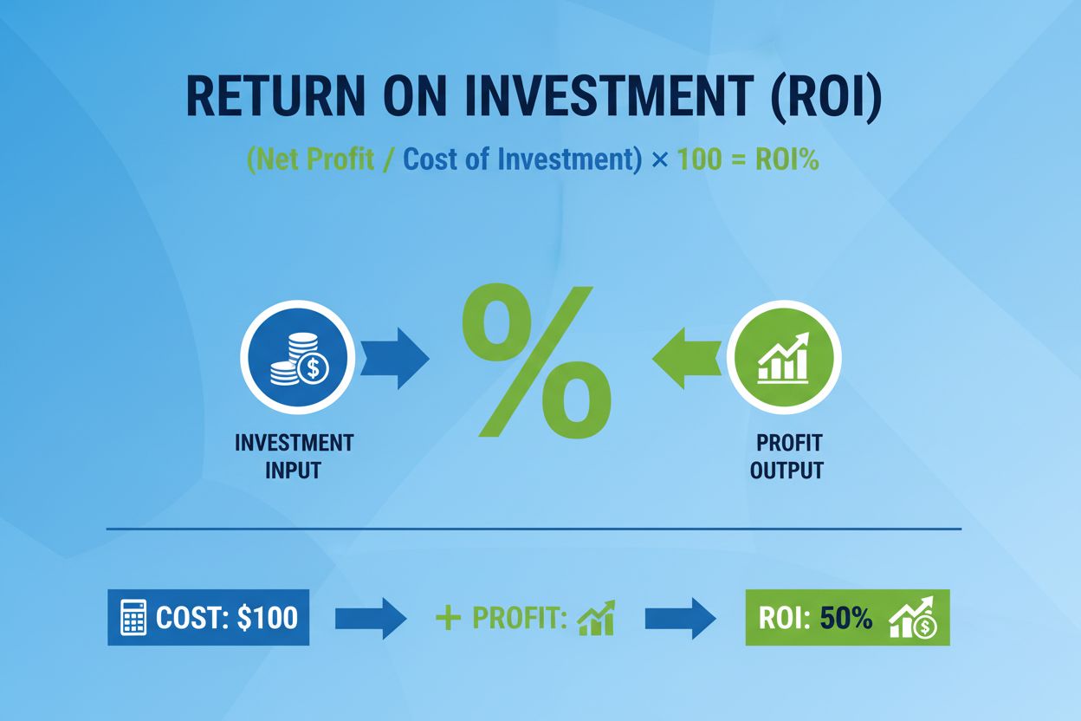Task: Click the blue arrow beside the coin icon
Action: (393, 358)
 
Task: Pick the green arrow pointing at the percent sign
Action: (686, 358)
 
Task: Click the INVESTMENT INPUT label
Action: (294, 456)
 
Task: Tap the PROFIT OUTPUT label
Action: (788, 456)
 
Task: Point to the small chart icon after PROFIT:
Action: (596, 618)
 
